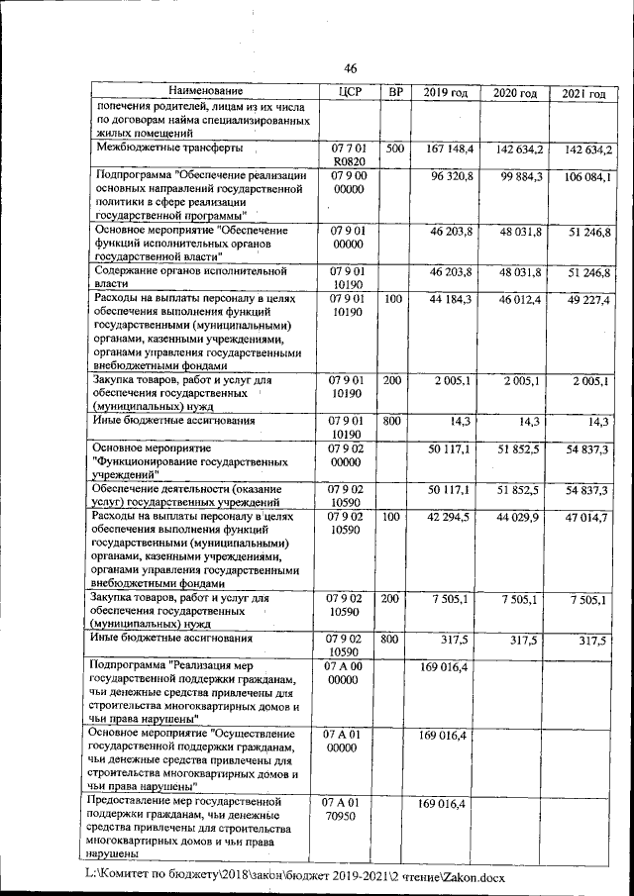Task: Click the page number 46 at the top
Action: [x=350, y=67]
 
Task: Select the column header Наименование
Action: [x=198, y=92]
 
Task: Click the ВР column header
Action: [x=395, y=92]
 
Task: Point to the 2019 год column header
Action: [x=445, y=92]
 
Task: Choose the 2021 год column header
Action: [x=583, y=93]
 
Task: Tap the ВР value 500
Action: [x=395, y=149]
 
